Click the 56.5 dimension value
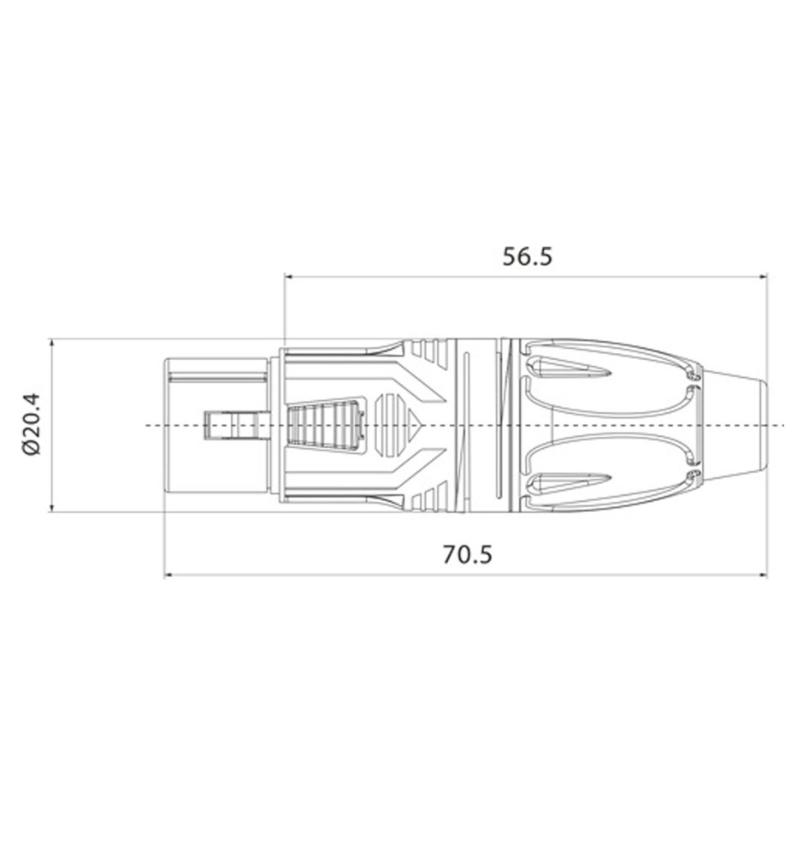(x=527, y=256)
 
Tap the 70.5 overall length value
(x=467, y=555)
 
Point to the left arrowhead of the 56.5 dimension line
(x=290, y=277)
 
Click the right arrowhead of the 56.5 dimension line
(x=762, y=277)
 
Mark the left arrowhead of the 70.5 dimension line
(x=169, y=575)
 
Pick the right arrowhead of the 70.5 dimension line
(x=762, y=575)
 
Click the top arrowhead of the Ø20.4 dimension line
(x=52, y=344)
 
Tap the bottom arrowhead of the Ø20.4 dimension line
(x=52, y=506)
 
